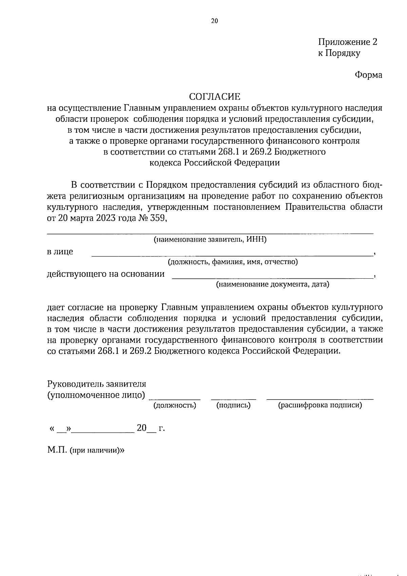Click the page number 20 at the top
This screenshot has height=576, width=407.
click(x=214, y=21)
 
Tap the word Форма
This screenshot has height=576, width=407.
click(x=368, y=75)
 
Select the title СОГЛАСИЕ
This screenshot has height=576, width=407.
click(x=214, y=97)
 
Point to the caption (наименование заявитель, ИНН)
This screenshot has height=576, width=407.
click(x=210, y=240)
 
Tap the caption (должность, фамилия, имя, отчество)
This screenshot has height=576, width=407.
click(x=233, y=262)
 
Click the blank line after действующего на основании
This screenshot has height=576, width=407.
click(x=271, y=278)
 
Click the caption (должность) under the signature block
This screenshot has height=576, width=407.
click(x=175, y=405)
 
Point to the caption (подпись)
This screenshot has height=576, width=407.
click(x=233, y=405)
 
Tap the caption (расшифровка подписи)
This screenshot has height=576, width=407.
click(x=320, y=405)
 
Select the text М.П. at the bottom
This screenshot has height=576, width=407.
click(x=57, y=450)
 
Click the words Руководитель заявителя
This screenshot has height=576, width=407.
click(x=97, y=384)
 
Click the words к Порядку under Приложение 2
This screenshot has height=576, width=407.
click(x=339, y=53)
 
